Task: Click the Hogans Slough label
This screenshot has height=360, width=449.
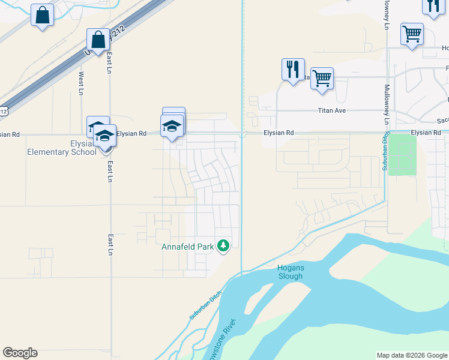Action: pos(291,272)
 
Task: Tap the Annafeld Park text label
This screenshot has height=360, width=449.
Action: pos(188,247)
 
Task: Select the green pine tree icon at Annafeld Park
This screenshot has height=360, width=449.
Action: pos(223,245)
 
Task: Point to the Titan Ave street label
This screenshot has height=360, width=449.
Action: pos(333,110)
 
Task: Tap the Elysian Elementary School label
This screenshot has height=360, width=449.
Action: pos(61,148)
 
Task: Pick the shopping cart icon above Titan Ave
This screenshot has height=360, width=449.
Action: pos(322,78)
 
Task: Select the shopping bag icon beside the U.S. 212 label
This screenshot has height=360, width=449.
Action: pos(97,40)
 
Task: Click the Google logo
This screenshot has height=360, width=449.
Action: pos(20,353)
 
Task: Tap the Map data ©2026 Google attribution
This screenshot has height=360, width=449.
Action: pos(412,355)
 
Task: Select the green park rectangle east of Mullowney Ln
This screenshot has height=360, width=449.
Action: pos(402,155)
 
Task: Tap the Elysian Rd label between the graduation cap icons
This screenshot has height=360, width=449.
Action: pos(131,133)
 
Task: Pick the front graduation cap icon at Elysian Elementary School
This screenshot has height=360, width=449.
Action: pos(104,137)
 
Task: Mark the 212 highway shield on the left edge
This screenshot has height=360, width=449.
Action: pos(4,110)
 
